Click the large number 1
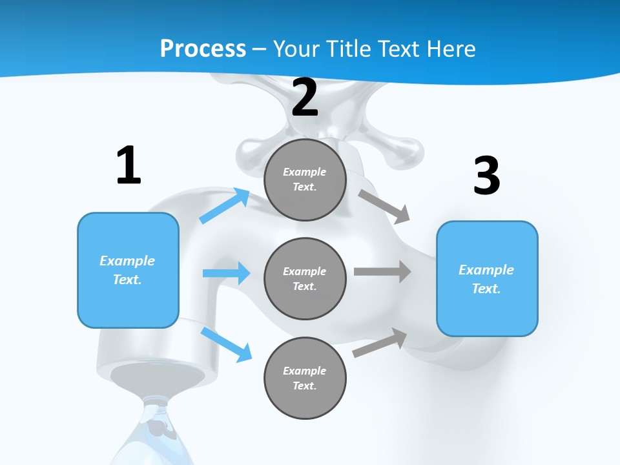click(x=129, y=166)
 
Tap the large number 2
click(x=305, y=98)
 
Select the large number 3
click(x=486, y=176)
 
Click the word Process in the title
click(x=203, y=48)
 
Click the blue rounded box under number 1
click(x=128, y=270)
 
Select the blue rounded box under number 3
click(x=487, y=279)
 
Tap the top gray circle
click(x=305, y=180)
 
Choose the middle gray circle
click(x=305, y=279)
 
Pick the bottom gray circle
click(x=305, y=378)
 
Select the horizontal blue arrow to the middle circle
click(x=226, y=273)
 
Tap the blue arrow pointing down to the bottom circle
click(x=226, y=344)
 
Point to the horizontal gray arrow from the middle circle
click(x=382, y=271)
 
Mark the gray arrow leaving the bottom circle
click(x=380, y=343)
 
